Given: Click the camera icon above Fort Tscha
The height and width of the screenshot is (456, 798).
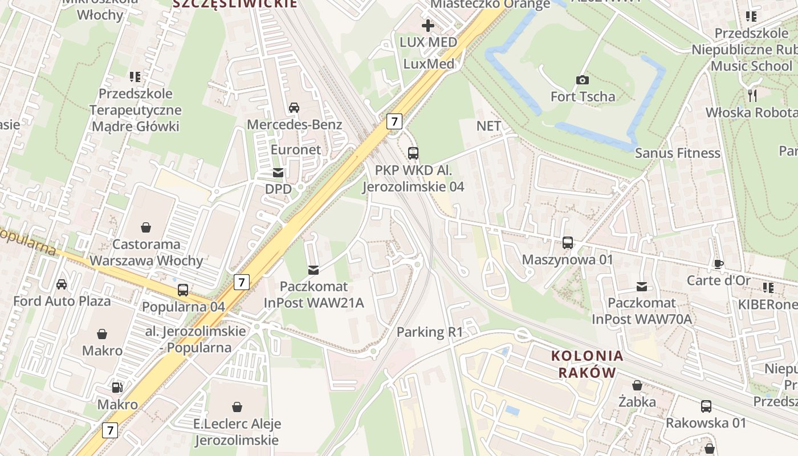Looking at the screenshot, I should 582,80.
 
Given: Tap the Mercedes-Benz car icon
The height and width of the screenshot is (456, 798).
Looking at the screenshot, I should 294,107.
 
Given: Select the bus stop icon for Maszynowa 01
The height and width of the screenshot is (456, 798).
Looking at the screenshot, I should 568,242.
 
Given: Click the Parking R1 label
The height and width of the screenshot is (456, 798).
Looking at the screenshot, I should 430,332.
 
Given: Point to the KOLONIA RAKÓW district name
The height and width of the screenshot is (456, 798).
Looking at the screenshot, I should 587,364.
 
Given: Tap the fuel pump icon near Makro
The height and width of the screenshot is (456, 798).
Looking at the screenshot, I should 117,388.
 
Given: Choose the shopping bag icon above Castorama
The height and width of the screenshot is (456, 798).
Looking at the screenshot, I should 146,227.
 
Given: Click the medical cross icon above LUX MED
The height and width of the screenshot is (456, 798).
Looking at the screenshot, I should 427,26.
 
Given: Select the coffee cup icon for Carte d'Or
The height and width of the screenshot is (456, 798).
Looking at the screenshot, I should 718,264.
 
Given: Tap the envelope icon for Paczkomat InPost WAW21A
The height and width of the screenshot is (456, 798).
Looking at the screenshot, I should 313,270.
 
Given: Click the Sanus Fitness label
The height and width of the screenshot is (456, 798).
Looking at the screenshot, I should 677,153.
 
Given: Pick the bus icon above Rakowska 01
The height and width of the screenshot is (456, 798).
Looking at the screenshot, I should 706,406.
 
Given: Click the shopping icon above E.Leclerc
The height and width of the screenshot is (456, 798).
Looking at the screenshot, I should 237,407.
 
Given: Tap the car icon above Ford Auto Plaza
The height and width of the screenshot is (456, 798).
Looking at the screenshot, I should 62,284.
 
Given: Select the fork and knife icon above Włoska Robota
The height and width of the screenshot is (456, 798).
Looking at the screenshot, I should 752,95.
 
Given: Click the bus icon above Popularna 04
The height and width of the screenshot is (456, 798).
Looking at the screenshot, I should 183,290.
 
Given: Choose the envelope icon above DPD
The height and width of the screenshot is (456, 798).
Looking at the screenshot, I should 278,172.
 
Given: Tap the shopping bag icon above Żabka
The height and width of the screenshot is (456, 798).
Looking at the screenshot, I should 637,385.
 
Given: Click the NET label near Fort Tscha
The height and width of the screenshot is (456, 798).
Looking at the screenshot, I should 488,125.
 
